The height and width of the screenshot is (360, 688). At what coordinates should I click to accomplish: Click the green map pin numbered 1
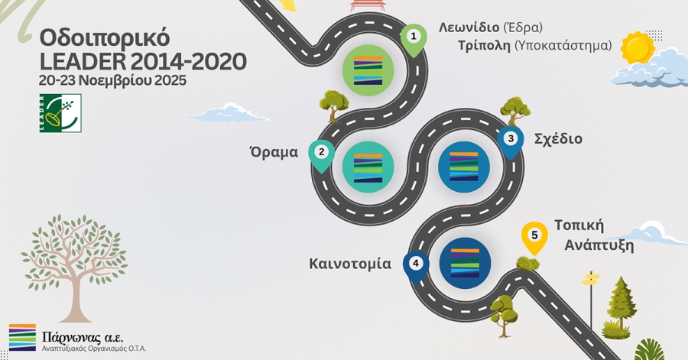point(414,37)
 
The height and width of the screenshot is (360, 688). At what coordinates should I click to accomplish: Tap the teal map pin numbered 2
point(322,153)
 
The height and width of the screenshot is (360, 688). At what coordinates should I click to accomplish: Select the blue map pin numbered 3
point(511,140)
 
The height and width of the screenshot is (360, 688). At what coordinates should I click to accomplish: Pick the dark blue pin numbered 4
point(416,264)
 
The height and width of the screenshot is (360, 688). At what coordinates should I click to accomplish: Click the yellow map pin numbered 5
point(534,236)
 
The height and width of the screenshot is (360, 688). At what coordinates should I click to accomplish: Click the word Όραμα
point(273,151)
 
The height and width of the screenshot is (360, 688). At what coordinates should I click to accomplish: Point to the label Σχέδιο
point(558,139)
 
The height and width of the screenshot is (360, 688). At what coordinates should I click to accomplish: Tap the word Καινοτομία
point(350,264)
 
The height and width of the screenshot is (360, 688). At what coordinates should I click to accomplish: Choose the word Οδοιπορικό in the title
point(104,37)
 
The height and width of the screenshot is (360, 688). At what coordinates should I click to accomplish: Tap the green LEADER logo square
point(60,113)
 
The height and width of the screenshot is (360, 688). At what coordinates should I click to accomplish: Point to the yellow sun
point(637,47)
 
